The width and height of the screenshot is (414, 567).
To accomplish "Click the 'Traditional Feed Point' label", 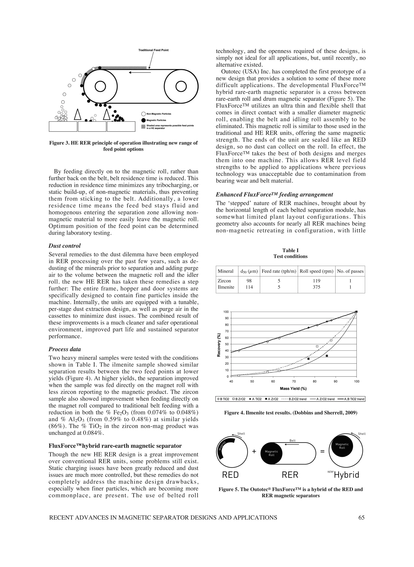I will coord(153,50).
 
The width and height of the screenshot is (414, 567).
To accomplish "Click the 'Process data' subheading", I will coord(65,349).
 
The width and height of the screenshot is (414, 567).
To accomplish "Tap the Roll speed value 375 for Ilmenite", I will coord(316,287).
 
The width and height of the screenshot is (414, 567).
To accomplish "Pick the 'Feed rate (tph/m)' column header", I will coord(279,271).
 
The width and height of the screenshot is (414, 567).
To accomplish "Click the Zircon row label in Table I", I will coord(224,281).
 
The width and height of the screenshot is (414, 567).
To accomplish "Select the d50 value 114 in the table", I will coord(249,287).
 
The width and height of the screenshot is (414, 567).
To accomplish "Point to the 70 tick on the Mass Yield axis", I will coord(294,381).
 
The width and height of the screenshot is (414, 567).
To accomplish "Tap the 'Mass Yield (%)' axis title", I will coord(293,389).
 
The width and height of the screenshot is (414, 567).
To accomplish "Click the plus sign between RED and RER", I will coord(254,451).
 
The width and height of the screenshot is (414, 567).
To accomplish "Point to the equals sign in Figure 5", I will coord(322,451).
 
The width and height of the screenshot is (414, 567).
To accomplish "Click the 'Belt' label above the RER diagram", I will coord(293,440).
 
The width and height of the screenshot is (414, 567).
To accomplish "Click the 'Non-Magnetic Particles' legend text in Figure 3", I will coord(159,114).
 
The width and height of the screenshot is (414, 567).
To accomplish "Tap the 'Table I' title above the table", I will coord(290,250).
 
